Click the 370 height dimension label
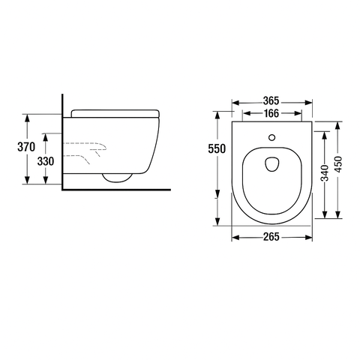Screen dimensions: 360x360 coord(26,148)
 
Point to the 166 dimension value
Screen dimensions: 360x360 coord(271,114)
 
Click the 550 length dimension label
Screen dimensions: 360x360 coord(217,148)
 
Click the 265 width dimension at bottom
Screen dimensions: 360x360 coord(271,238)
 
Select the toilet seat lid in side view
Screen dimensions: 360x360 coord(117,112)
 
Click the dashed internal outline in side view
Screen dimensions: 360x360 coord(86,150)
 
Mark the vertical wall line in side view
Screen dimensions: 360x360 coord(60,142)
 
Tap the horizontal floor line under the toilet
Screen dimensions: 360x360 coord(112,187)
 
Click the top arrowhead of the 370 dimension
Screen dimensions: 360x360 coord(26,116)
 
